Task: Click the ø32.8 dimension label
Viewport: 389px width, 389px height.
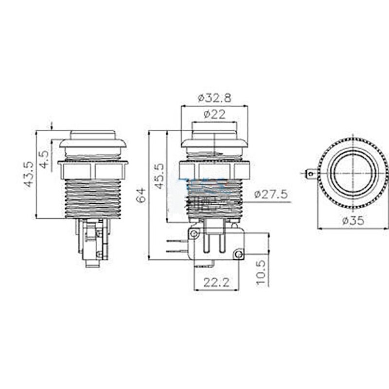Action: [214, 97]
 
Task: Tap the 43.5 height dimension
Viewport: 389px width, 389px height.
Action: [29, 174]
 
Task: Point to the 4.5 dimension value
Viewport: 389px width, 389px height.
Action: [44, 160]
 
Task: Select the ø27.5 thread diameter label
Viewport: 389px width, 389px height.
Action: [271, 194]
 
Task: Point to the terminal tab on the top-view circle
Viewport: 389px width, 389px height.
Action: [311, 172]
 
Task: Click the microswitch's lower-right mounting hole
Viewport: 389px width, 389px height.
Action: [238, 253]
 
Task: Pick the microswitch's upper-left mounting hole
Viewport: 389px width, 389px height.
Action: [194, 234]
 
